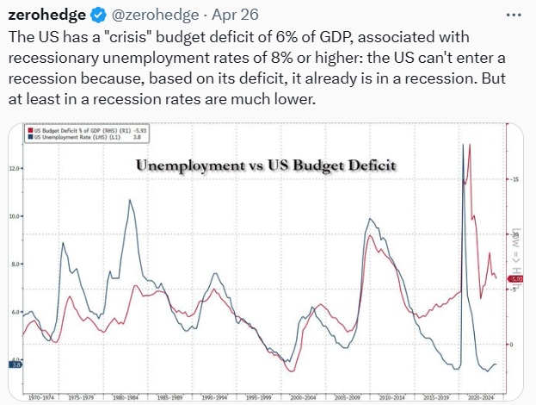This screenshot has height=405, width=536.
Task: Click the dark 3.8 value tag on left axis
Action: click(14, 365)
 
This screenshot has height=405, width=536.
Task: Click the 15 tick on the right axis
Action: click(515, 179)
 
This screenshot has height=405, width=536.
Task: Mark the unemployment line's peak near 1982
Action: click(130, 200)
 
